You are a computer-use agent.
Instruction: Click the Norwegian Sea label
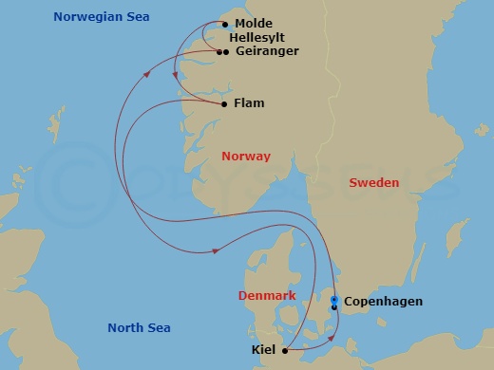coord(107,17)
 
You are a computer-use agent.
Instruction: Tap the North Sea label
coord(139,328)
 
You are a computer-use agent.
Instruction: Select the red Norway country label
coord(245,157)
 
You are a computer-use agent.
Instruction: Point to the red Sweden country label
coord(374,182)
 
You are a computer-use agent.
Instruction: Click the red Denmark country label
coord(265,296)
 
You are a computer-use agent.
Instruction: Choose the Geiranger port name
coord(266,52)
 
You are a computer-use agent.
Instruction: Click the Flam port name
coord(248,103)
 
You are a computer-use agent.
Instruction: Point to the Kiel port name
coord(265,350)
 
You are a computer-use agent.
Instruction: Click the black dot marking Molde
coord(224,24)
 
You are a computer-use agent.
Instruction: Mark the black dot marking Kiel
coord(285,350)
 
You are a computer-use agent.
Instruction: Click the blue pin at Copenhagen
coord(333,301)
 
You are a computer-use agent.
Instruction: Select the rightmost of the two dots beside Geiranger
coord(225,52)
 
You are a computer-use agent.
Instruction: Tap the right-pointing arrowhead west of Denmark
coord(217,250)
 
